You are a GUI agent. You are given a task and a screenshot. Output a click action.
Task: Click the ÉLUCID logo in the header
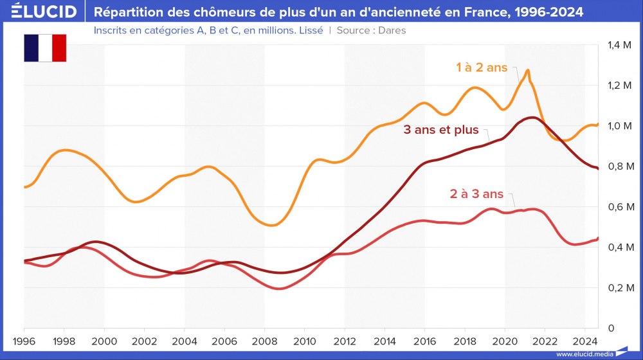click(x=44, y=12)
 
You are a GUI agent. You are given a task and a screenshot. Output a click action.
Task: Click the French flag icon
click(x=45, y=48)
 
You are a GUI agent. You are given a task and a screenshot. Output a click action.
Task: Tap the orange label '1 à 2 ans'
click(x=482, y=67)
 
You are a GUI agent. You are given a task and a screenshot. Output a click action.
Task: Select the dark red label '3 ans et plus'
click(x=441, y=130)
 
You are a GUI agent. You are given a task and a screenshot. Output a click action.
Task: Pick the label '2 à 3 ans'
click(x=476, y=194)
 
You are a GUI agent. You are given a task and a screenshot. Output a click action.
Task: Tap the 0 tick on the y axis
click(x=611, y=328)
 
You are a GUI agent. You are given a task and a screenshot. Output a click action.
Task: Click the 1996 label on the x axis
click(x=24, y=341)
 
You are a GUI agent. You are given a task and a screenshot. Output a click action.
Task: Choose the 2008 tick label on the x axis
click(x=264, y=341)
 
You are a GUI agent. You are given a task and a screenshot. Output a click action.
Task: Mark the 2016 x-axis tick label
click(x=425, y=341)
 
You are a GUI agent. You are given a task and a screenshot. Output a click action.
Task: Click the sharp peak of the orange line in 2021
click(x=528, y=70)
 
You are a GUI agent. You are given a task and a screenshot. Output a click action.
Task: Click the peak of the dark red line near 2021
click(x=531, y=117)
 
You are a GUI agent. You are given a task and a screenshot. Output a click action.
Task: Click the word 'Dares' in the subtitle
click(x=392, y=30)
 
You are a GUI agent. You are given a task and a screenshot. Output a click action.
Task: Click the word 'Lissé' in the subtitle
click(x=309, y=30)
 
